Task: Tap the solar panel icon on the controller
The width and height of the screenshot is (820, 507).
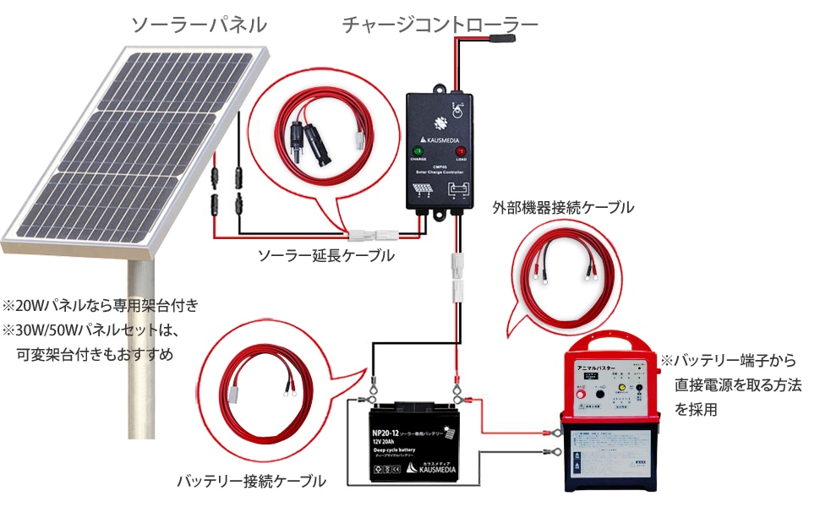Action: click(420, 190)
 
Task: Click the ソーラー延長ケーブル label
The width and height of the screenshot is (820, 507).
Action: click(325, 255)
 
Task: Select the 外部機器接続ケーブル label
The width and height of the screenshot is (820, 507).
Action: click(562, 207)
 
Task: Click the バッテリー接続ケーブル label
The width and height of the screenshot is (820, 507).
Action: click(251, 482)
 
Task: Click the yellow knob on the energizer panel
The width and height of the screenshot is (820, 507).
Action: click(620, 389)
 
